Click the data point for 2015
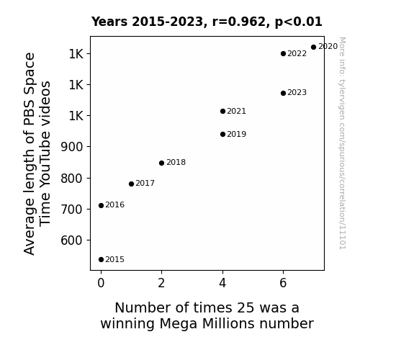[x=101, y=260]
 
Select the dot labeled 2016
[x=101, y=205]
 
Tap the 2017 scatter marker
[x=131, y=184]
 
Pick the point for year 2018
[x=161, y=163]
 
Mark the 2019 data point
[x=222, y=135]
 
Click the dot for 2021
[x=222, y=112]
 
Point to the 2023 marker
[x=283, y=93]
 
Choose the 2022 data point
[x=283, y=53]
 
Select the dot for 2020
[x=313, y=48]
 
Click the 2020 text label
[x=328, y=47]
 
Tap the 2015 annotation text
[x=115, y=260]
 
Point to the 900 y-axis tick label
[x=72, y=147]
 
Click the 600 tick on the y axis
[x=72, y=240]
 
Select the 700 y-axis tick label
[x=72, y=210]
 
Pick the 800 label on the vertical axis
[x=72, y=179]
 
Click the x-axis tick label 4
[x=222, y=283]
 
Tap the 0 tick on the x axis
[x=101, y=283]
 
